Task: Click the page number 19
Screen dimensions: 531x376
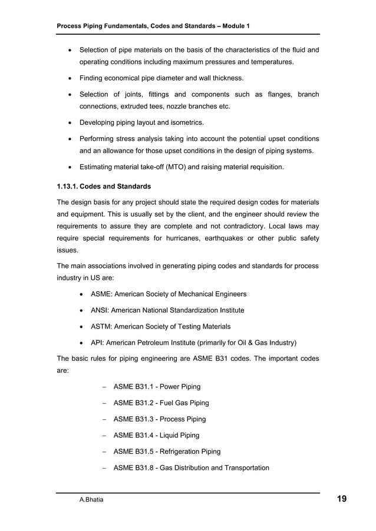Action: [x=341, y=499]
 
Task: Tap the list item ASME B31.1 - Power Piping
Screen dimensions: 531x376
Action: [x=156, y=387]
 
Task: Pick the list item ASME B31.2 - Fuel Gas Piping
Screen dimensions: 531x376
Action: [x=160, y=403]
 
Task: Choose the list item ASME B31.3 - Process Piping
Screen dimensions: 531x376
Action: [x=159, y=419]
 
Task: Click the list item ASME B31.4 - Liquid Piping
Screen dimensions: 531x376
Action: [x=156, y=436]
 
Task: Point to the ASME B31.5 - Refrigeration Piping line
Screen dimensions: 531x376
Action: [x=166, y=452]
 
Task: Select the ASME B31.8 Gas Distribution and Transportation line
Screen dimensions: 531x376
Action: [x=190, y=468]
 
